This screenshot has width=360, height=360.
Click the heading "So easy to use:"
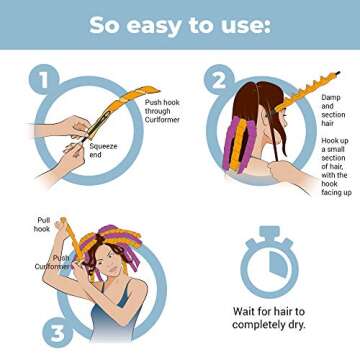tap(180, 24)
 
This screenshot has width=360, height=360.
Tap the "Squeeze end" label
tap(102, 150)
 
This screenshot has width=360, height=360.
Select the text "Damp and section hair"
tap(331, 108)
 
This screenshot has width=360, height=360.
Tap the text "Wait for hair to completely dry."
tap(268, 318)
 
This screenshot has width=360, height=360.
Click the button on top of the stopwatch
tap(268, 234)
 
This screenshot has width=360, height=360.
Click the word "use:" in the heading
tap(246, 24)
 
